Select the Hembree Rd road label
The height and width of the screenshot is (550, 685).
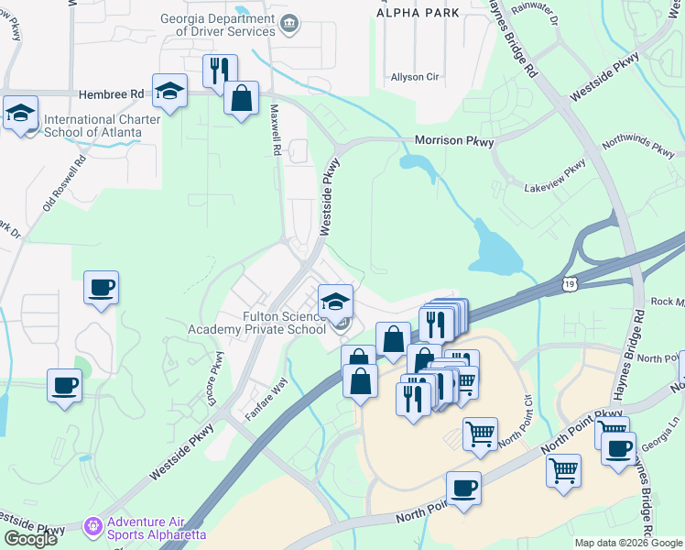[112, 93]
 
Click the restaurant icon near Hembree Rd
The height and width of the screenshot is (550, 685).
[220, 71]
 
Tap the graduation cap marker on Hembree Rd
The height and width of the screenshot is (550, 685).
[169, 90]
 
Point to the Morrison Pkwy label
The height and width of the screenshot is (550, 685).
[454, 141]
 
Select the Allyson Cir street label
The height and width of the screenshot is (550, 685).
[414, 77]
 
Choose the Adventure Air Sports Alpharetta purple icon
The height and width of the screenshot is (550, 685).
[91, 526]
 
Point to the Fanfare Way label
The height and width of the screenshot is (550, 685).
[266, 400]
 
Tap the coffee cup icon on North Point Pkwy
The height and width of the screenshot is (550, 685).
[463, 487]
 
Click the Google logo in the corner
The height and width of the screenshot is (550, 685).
[30, 539]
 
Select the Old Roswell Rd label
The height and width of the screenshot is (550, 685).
[64, 186]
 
